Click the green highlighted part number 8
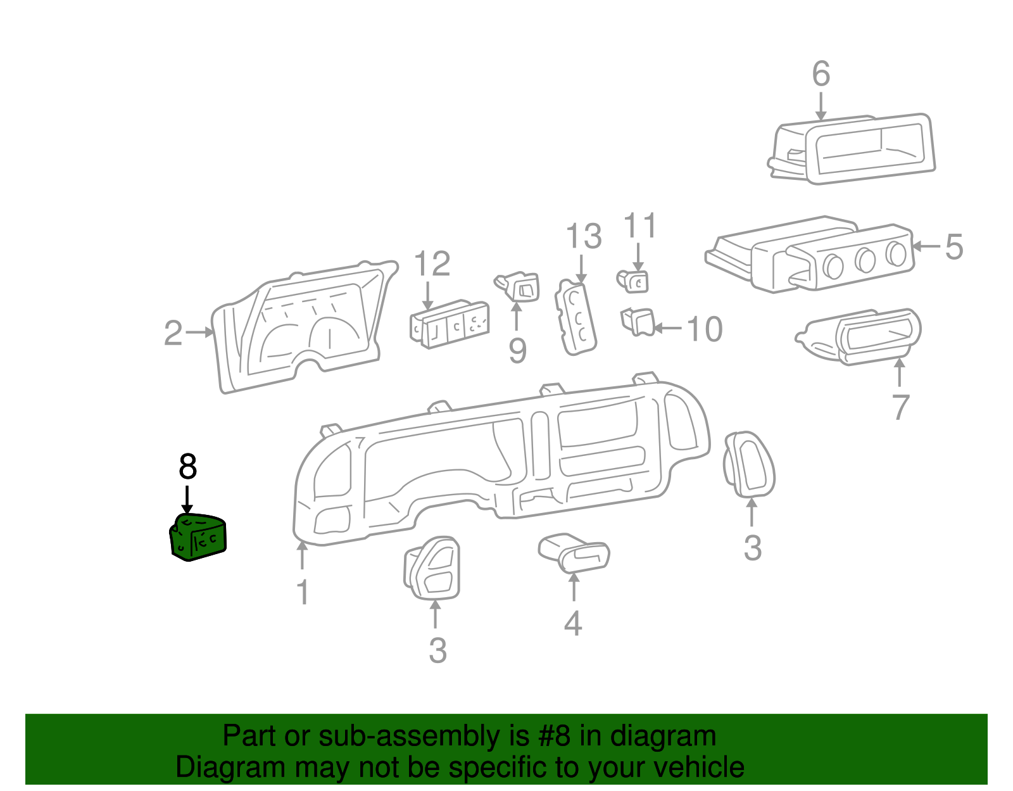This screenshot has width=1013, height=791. tap(198, 538)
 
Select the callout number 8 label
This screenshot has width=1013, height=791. tap(188, 467)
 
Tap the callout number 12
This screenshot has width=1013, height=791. tap(432, 264)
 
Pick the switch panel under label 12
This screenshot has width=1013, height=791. tap(450, 325)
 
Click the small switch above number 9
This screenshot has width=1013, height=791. tap(520, 287)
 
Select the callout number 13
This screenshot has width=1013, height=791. tap(583, 237)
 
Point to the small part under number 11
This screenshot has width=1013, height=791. tap(634, 281)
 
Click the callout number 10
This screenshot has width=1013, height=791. tap(705, 329)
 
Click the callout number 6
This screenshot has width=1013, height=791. tap(821, 75)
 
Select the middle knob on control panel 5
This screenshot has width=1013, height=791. tap(864, 258)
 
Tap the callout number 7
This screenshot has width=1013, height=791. tap(900, 407)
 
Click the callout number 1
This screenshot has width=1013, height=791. tap(303, 592)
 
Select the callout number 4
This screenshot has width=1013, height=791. tap(573, 624)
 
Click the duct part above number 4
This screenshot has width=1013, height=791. tap(574, 552)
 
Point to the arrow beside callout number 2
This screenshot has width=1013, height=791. tap(200, 332)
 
